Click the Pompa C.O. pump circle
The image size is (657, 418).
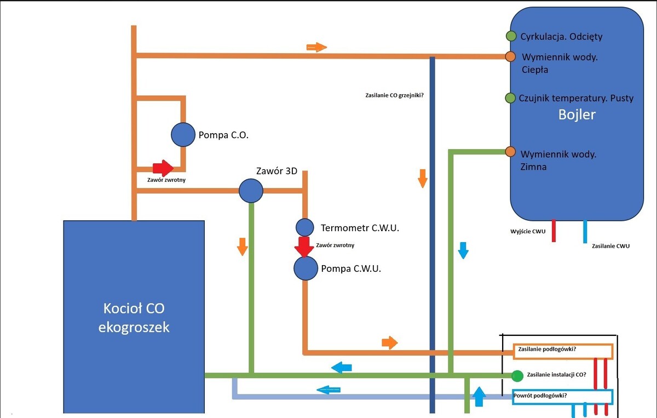point(183,134)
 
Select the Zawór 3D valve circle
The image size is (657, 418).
point(251,191)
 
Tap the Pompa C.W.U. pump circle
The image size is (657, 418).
point(306,268)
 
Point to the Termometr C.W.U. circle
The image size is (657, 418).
point(305,227)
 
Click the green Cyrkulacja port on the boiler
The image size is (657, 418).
point(511,36)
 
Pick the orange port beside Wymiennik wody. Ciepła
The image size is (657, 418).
point(510,56)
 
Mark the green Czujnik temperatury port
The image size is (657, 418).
point(510,98)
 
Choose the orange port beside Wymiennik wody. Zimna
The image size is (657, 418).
point(510,152)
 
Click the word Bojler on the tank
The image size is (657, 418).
point(577,115)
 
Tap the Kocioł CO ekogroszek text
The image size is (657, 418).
point(134,318)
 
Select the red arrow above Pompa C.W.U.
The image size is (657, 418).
point(304,247)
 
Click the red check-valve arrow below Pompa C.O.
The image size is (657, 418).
point(163,168)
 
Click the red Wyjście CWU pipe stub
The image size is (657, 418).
point(554,231)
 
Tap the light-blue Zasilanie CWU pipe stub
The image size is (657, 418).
point(585,231)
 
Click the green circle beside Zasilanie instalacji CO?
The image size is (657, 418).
point(517,376)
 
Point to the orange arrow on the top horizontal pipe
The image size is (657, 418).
point(316,47)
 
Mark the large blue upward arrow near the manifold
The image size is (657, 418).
point(479,396)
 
